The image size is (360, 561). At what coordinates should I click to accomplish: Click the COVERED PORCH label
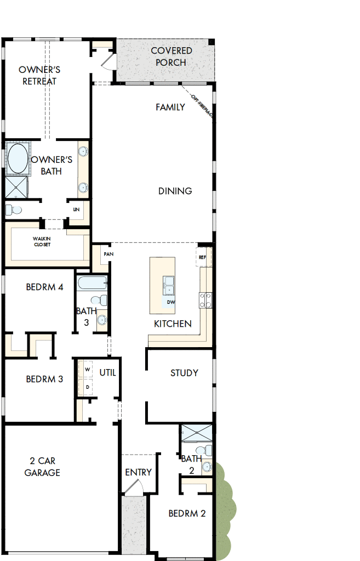pyautogui.click(x=171, y=56)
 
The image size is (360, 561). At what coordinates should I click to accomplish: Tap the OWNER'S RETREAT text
pyautogui.click(x=39, y=76)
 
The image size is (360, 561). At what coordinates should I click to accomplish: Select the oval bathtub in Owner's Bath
pyautogui.click(x=19, y=158)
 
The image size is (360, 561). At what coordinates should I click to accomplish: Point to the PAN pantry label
pyautogui.click(x=108, y=254)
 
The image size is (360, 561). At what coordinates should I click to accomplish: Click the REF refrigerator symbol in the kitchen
pyautogui.click(x=202, y=257)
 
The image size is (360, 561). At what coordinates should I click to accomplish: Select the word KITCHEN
pyautogui.click(x=173, y=324)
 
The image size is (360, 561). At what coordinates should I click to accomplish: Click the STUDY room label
pyautogui.click(x=184, y=373)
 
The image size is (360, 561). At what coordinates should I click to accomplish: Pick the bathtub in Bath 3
pyautogui.click(x=92, y=284)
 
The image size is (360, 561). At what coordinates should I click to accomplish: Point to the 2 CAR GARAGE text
pyautogui.click(x=42, y=467)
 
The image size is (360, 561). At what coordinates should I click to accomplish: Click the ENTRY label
pyautogui.click(x=138, y=472)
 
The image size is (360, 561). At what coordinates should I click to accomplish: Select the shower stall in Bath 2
pyautogui.click(x=196, y=433)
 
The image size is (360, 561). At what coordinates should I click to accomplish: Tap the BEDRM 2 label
pyautogui.click(x=187, y=514)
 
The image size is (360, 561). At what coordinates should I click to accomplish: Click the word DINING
pyautogui.click(x=175, y=191)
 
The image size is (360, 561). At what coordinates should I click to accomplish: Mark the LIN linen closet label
pyautogui.click(x=76, y=209)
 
